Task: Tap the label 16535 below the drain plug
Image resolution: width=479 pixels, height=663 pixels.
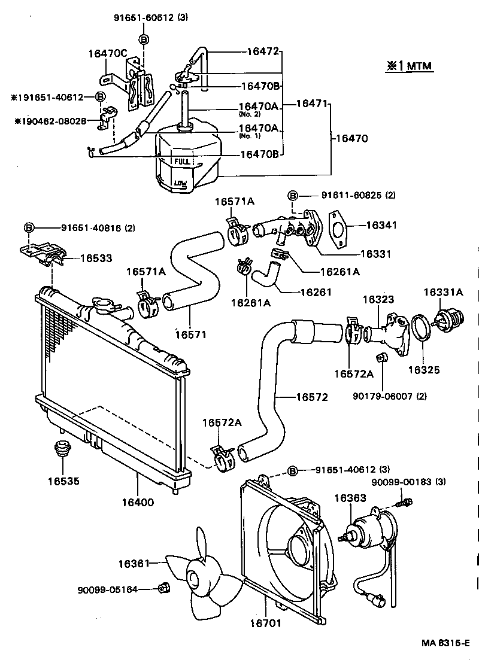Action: pos(64,480)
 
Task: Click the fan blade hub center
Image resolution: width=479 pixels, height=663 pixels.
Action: pos(195,578)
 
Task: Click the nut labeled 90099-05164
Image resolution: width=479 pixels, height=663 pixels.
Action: pos(163,589)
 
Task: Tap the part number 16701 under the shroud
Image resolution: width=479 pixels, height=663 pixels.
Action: pos(265,622)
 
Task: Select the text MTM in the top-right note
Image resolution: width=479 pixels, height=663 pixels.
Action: pos(419,66)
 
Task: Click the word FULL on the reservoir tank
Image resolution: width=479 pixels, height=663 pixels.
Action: pos(182,162)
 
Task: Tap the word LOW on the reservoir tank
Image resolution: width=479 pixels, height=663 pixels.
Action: pos(180,183)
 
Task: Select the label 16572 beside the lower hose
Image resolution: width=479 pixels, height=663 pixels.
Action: pos(311,397)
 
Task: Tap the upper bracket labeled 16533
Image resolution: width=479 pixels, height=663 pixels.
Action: pos(43,254)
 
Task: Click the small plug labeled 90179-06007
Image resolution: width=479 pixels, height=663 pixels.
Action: pos(380,358)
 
